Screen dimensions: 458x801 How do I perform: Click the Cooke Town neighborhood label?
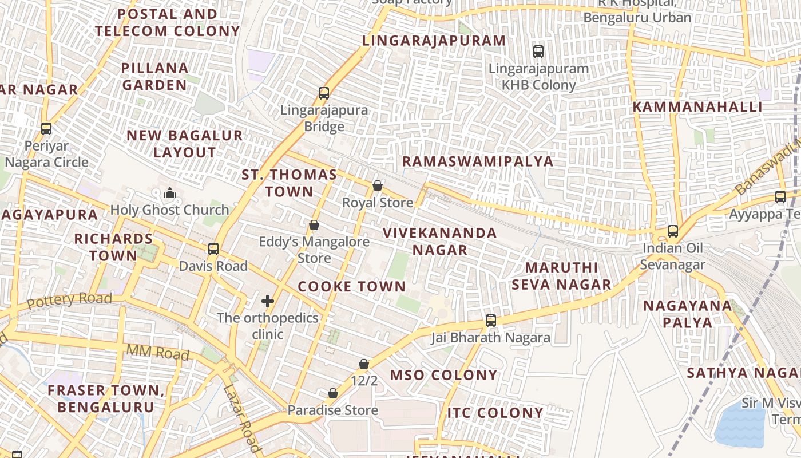click(x=351, y=286)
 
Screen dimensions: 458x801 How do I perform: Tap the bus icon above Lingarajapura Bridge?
click(x=324, y=93)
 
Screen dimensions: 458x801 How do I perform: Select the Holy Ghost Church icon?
click(x=169, y=194)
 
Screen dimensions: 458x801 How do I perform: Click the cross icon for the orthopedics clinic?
click(x=268, y=301)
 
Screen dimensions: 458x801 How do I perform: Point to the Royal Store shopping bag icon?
click(x=378, y=185)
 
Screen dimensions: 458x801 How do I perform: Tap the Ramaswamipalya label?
click(x=478, y=161)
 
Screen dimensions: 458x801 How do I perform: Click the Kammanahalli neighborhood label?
click(x=697, y=107)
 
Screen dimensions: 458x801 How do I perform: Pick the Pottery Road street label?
click(x=69, y=300)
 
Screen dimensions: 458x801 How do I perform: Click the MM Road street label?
click(x=157, y=353)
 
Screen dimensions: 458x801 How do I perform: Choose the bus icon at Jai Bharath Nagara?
click(x=491, y=321)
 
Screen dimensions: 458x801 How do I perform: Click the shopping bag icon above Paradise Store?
click(x=333, y=393)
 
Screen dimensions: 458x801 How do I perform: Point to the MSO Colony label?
click(x=443, y=375)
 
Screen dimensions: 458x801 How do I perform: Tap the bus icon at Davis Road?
click(x=213, y=249)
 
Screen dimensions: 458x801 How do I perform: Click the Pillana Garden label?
click(x=154, y=76)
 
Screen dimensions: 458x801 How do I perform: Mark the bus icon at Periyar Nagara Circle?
click(x=46, y=129)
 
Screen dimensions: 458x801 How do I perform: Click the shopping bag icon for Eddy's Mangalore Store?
click(x=314, y=226)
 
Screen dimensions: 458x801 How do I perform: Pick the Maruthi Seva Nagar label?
click(x=561, y=276)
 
